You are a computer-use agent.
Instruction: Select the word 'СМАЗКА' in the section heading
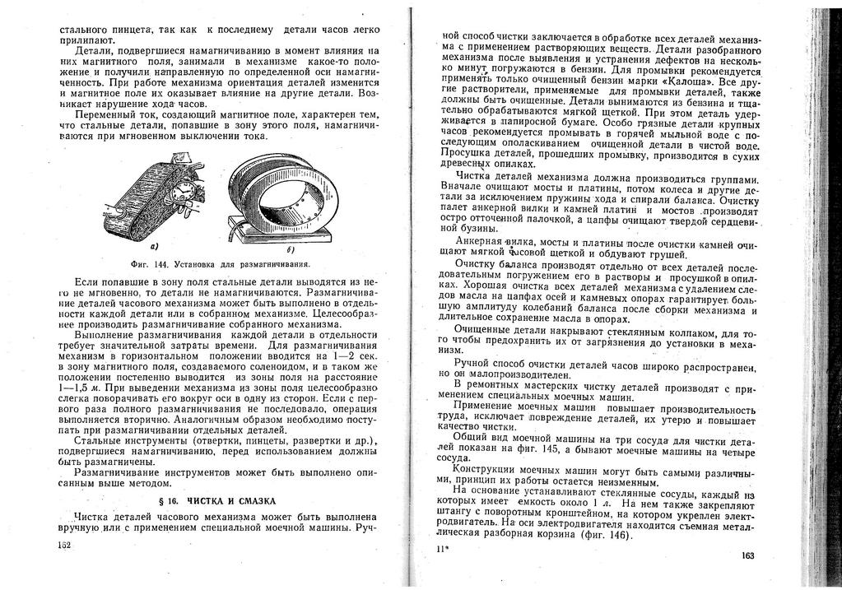tap(257, 500)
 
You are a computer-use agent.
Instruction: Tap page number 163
tap(747, 556)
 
